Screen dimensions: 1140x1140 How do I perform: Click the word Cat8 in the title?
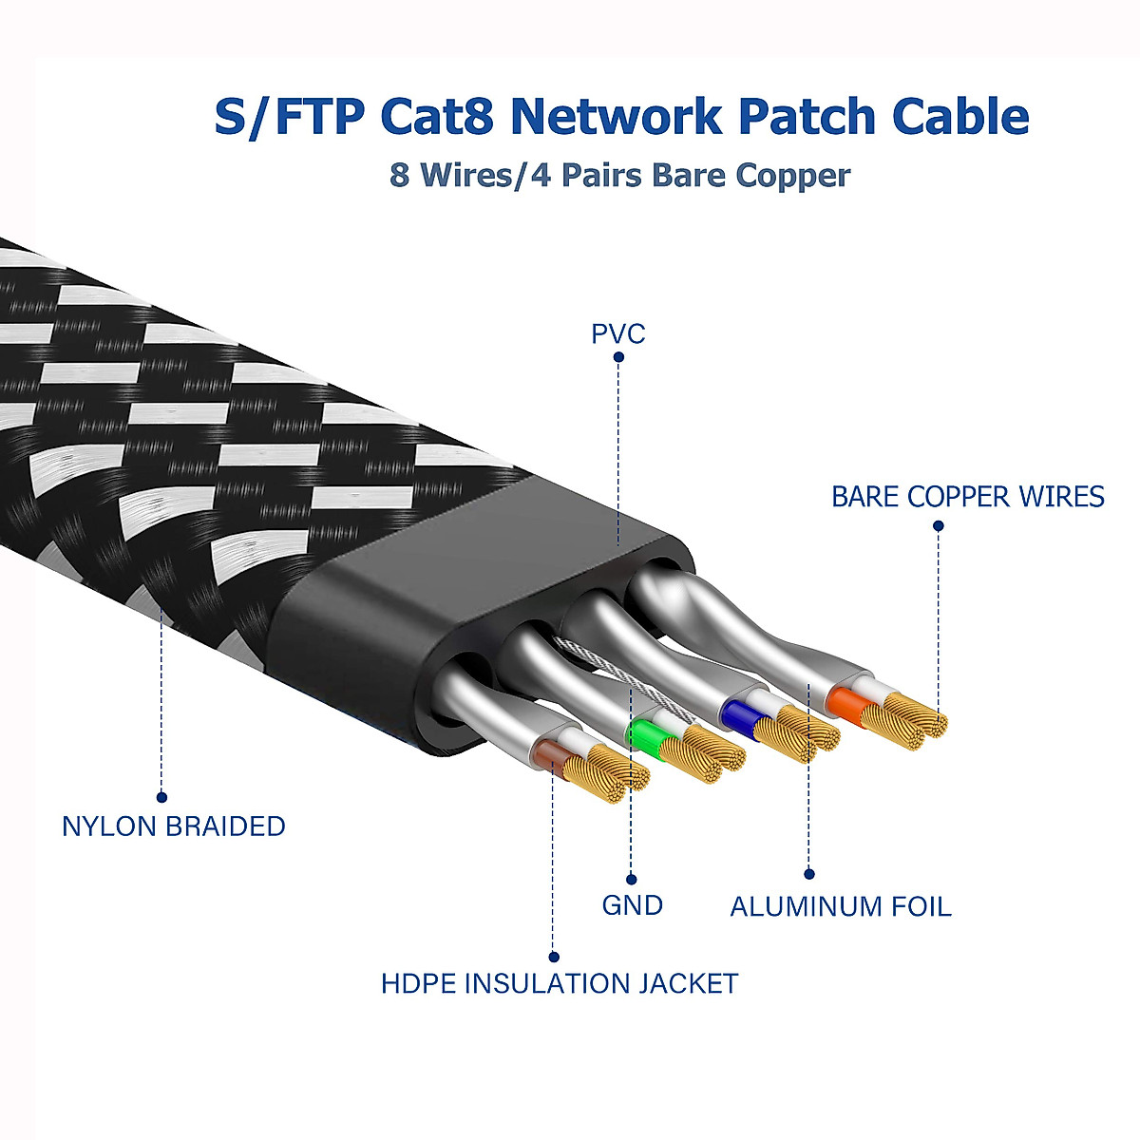click(438, 117)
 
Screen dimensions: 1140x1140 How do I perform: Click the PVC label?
click(617, 333)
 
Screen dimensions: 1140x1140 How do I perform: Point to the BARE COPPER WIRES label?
click(967, 497)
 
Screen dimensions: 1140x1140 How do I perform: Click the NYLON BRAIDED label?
click(173, 826)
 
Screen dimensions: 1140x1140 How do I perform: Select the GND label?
click(632, 904)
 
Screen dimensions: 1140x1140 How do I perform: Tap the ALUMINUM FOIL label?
click(840, 906)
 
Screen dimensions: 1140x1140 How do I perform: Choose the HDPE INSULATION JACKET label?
click(560, 983)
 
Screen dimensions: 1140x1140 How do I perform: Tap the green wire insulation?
click(648, 737)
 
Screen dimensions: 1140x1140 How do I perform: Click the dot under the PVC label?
click(618, 358)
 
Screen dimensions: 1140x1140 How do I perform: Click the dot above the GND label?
click(632, 880)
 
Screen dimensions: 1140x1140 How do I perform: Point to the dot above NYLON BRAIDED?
click(161, 797)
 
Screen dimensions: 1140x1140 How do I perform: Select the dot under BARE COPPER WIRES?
click(939, 525)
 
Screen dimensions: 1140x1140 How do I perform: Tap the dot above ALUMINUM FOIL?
click(809, 874)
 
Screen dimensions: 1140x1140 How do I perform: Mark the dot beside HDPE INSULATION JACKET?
click(554, 957)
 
